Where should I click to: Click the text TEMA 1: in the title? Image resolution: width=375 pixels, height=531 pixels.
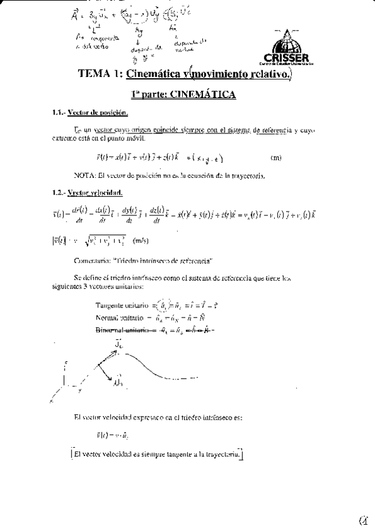point(100,74)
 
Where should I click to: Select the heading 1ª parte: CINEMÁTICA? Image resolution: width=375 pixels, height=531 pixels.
point(183,95)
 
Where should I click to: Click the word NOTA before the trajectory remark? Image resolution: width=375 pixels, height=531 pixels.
point(84,175)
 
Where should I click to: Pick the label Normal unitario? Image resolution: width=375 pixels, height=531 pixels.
point(120,318)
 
